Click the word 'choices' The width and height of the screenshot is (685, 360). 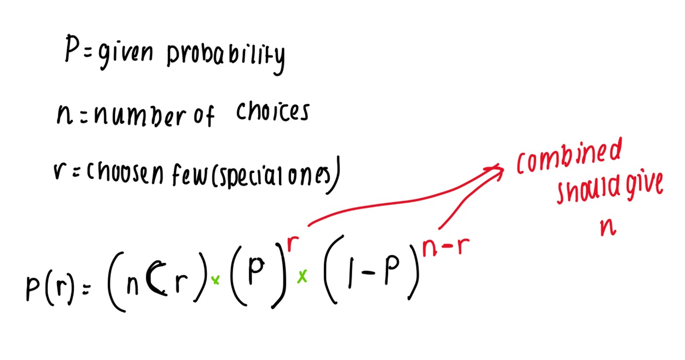(x=273, y=111)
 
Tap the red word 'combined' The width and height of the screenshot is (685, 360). (x=569, y=157)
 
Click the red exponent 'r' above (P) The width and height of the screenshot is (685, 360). (x=293, y=243)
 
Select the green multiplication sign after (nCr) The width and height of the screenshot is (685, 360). (x=216, y=280)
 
